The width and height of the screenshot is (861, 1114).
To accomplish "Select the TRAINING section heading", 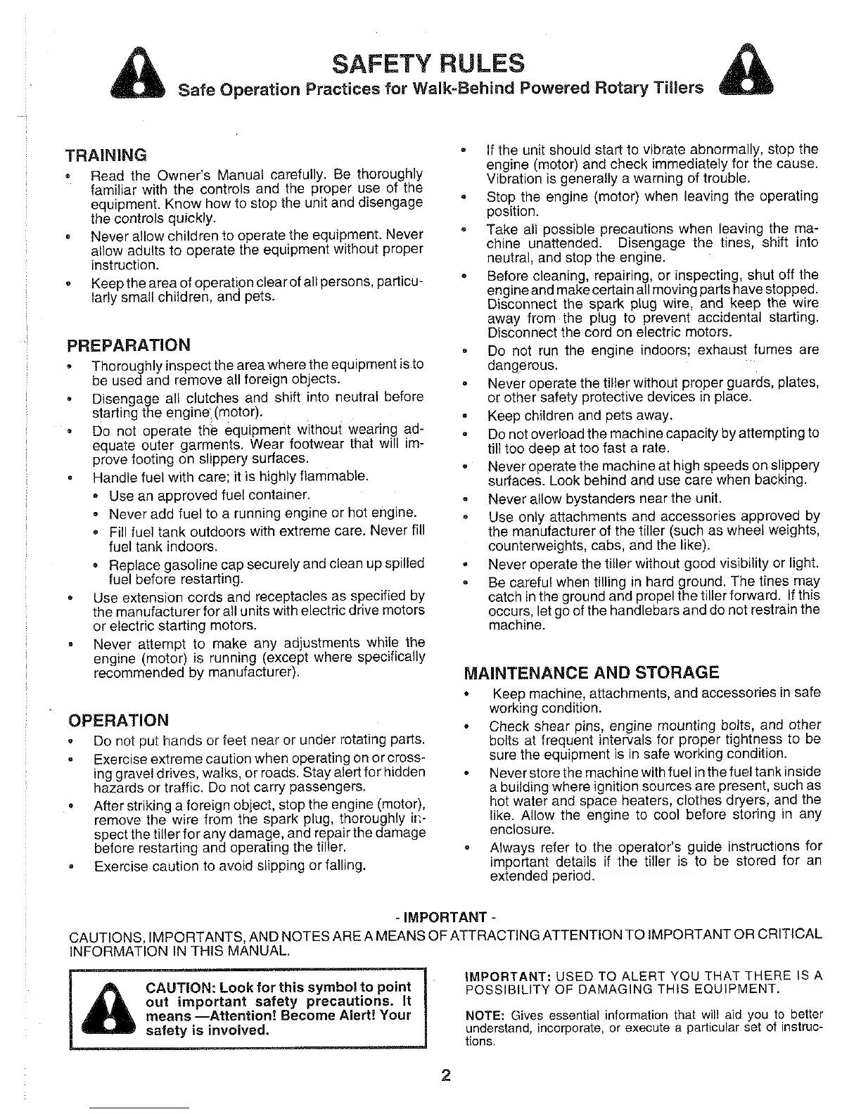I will tap(106, 154).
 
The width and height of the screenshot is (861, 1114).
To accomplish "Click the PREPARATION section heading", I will tap(128, 345).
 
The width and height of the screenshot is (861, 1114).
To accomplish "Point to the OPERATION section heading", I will tap(117, 720).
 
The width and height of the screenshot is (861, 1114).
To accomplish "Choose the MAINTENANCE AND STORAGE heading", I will tap(592, 672).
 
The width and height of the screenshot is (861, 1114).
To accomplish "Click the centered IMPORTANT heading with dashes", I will tap(441, 918).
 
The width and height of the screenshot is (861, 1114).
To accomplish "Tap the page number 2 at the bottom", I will tap(445, 1077).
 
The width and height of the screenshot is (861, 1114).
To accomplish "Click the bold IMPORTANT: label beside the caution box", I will tap(508, 976).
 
